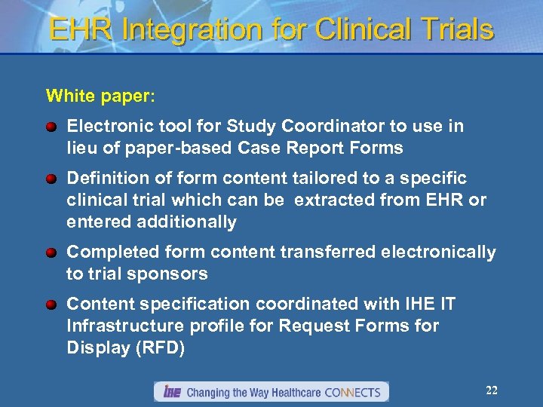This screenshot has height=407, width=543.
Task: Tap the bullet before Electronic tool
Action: pyautogui.click(x=51, y=127)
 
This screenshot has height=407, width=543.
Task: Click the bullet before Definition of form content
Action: pyautogui.click(x=51, y=179)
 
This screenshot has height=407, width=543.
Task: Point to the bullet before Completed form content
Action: pyautogui.click(x=51, y=252)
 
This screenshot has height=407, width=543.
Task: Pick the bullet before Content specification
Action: pyautogui.click(x=51, y=305)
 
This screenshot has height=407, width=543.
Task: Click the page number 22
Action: pyautogui.click(x=492, y=390)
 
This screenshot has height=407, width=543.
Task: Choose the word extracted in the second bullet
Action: pyautogui.click(x=334, y=200)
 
